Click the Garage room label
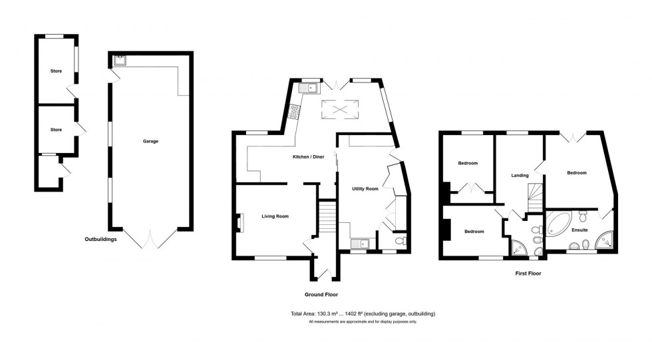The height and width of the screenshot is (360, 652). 150,141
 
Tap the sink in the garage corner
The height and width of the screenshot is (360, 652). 120,61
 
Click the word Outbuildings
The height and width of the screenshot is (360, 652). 100,239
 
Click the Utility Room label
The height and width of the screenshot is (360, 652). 365,189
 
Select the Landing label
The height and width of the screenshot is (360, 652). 520,176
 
